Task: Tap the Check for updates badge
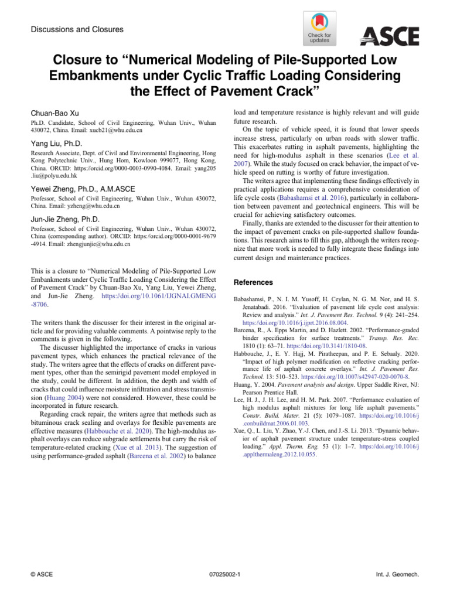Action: [x=319, y=29]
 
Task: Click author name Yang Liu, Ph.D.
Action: [x=56, y=144]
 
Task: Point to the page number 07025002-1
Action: [x=225, y=575]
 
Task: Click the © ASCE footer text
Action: [x=41, y=575]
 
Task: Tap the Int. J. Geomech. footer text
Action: [x=398, y=575]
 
